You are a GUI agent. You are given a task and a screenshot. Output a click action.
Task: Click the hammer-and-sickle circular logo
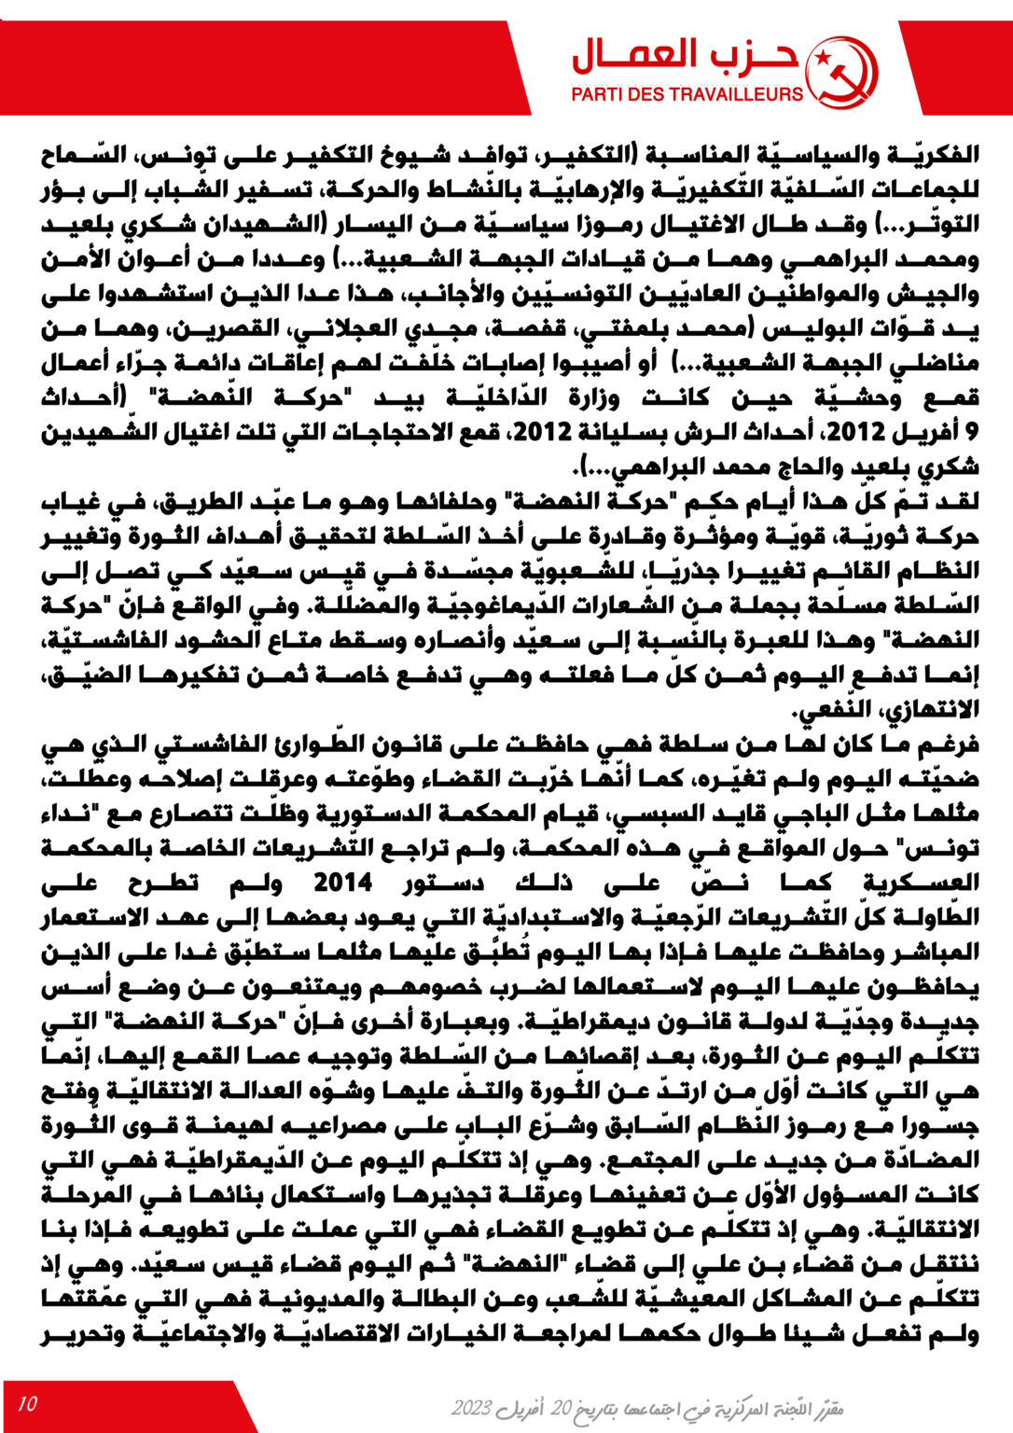coord(841,74)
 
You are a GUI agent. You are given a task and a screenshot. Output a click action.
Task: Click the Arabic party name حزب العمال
coord(686,57)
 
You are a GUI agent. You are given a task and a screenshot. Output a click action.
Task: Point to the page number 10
coord(27,1403)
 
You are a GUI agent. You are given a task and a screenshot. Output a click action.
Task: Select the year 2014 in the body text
coord(342,882)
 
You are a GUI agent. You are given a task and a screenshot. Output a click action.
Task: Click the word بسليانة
coord(623,433)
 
